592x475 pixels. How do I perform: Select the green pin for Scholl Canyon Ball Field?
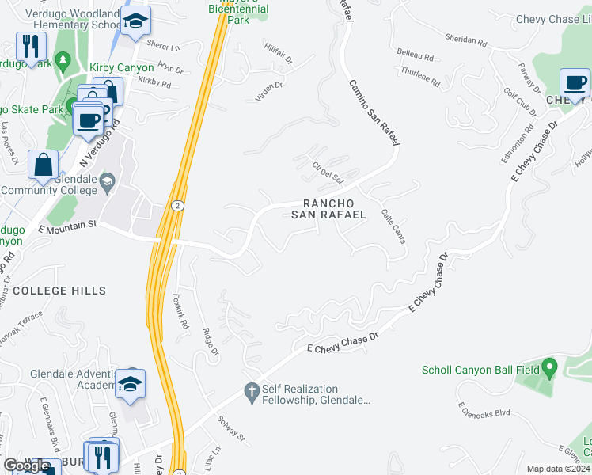pos(551,368)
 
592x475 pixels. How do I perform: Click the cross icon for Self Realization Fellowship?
pos(252,393)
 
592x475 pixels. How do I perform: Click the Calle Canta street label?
pos(393,226)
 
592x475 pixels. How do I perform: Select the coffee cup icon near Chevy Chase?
pos(575,82)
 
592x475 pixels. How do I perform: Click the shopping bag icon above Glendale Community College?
pos(44,164)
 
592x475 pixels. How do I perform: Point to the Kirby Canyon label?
pos(121,68)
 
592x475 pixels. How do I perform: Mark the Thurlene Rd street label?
pos(419,78)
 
